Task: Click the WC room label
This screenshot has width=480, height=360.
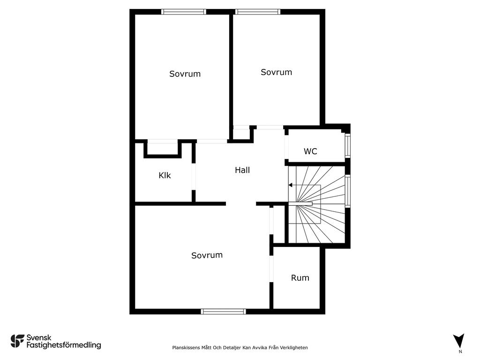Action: [x=310, y=151]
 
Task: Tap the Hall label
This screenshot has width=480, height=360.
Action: [x=242, y=170]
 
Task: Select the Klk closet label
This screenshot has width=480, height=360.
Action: [x=165, y=175]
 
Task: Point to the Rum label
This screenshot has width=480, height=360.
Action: [x=300, y=277]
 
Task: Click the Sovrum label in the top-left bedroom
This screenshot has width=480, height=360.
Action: [x=185, y=74]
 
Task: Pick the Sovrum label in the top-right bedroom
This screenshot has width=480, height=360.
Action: [x=276, y=72]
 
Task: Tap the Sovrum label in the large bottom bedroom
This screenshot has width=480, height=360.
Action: [x=207, y=255]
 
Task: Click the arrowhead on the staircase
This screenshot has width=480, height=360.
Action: [x=291, y=185]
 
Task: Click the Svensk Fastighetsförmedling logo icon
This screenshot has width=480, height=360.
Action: [x=17, y=341]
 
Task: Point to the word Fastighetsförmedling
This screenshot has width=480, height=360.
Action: [x=64, y=345]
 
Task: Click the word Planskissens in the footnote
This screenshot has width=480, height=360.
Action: [x=186, y=347]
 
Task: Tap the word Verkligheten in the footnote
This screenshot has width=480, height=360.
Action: [x=293, y=347]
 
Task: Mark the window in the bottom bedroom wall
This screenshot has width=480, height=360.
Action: [x=224, y=311]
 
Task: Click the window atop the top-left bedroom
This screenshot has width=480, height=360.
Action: [x=183, y=12]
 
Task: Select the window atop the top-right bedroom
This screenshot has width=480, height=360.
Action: [x=257, y=12]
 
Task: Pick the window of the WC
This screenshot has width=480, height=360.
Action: [x=347, y=146]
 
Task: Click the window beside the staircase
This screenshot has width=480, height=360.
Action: [x=347, y=191]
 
